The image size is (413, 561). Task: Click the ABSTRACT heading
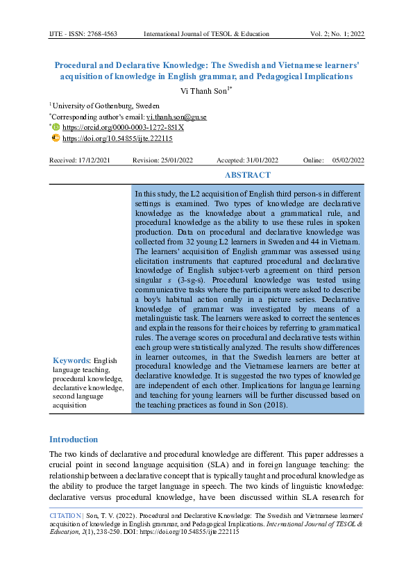(248, 176)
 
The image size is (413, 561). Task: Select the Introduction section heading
(73, 439)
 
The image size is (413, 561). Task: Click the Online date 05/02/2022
(348, 160)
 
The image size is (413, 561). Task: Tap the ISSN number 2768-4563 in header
(108, 34)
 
